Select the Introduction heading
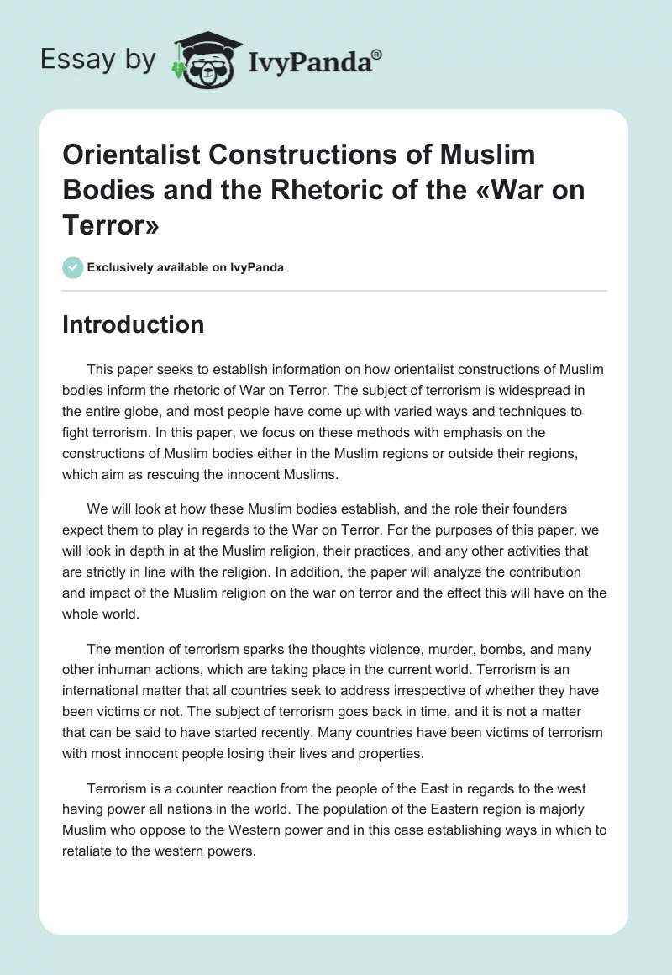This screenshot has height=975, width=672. [x=133, y=324]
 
